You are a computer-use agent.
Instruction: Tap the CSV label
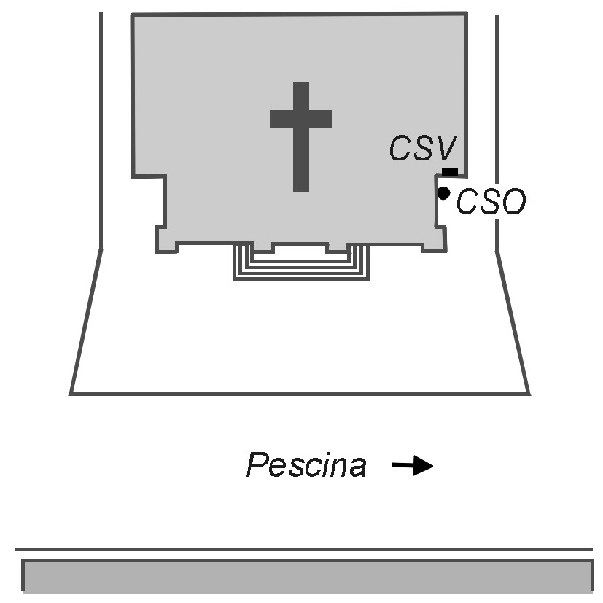(422, 149)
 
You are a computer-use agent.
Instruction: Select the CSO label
(490, 203)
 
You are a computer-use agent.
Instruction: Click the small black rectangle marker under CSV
(450, 172)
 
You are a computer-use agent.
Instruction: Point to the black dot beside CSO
(443, 193)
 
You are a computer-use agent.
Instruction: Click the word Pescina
(306, 465)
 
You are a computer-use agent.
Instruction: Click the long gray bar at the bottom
(306, 576)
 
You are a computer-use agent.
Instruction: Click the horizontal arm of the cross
(300, 118)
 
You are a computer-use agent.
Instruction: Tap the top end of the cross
(300, 86)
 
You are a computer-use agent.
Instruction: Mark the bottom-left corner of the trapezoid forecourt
(71, 394)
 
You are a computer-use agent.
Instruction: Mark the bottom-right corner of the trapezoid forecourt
(529, 394)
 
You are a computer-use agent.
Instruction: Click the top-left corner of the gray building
(132, 15)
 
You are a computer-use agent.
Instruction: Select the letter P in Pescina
(257, 465)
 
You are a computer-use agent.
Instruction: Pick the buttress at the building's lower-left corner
(166, 241)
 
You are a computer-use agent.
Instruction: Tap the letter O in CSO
(511, 203)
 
